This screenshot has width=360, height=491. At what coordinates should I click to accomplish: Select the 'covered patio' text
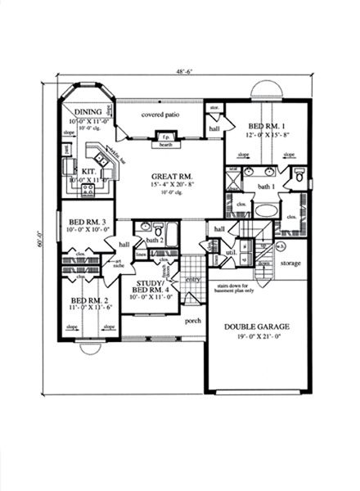160,115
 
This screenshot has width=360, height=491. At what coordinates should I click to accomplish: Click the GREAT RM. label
169,177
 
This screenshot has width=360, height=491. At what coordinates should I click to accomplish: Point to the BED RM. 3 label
85,222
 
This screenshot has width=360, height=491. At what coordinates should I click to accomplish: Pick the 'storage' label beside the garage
290,264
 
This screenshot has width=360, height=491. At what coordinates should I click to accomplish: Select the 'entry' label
193,280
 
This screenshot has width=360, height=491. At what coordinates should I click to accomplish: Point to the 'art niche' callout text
119,263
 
